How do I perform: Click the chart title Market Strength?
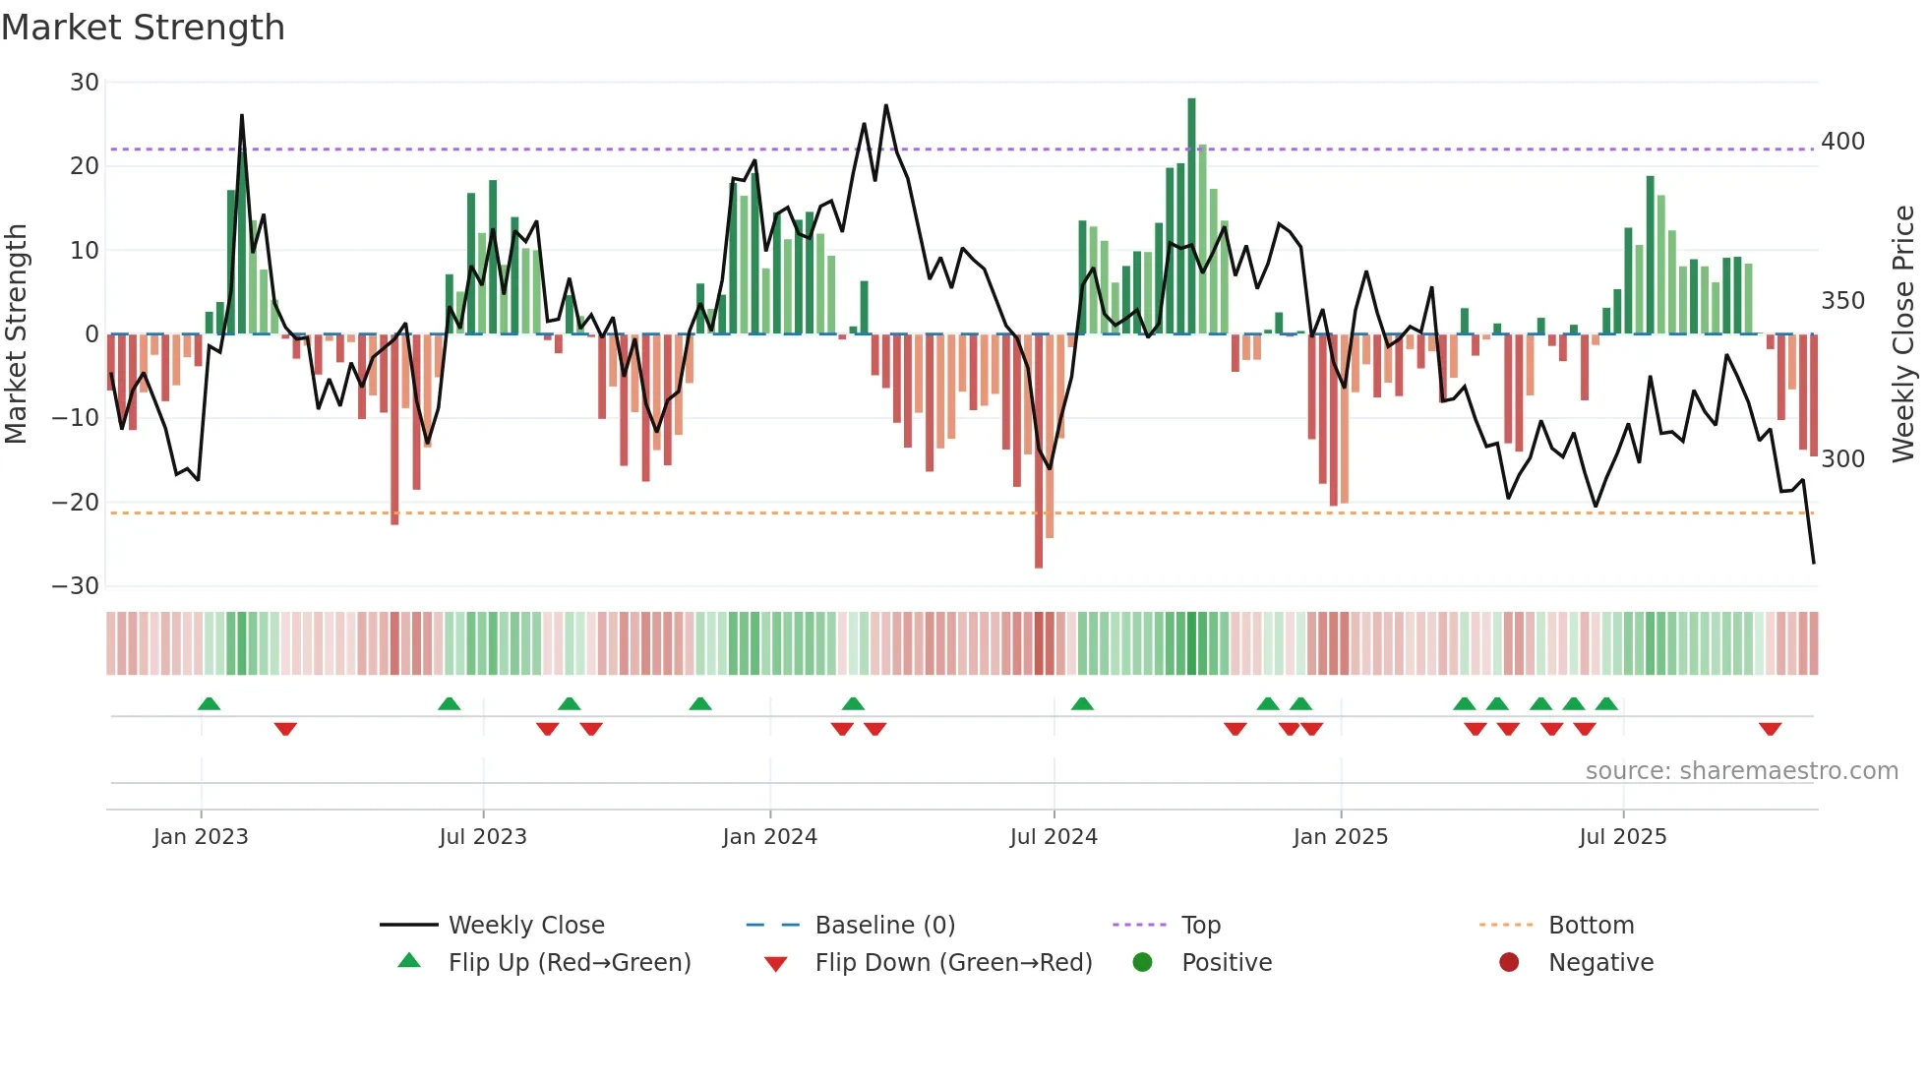point(143,28)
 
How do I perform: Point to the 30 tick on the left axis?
point(85,83)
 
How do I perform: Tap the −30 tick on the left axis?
point(76,586)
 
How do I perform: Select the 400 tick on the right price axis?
point(1842,142)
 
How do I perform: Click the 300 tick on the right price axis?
point(1842,459)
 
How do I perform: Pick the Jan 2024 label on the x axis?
point(769,837)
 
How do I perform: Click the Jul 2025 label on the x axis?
point(1622,837)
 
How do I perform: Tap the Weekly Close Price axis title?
point(1903,334)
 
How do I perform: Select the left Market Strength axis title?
point(17,334)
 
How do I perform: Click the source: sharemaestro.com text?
point(1741,771)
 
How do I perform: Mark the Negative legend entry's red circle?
point(1509,963)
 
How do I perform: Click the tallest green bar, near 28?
point(1191,216)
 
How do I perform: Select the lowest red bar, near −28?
point(1039,452)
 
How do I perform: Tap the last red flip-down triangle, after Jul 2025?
point(1770,729)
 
